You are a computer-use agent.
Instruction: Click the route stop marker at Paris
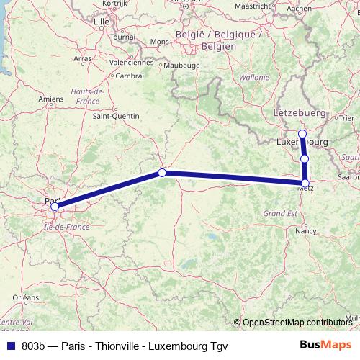pyautogui.click(x=55, y=207)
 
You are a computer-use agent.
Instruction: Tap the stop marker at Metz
pyautogui.click(x=305, y=184)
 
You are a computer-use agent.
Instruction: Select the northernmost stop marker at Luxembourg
pyautogui.click(x=302, y=134)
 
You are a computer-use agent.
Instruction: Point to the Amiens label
pyautogui.click(x=51, y=99)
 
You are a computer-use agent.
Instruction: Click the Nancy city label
pyautogui.click(x=307, y=232)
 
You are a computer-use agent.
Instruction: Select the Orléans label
pyautogui.click(x=26, y=297)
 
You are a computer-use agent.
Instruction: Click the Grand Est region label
pyautogui.click(x=279, y=214)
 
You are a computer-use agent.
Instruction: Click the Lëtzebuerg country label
pyautogui.click(x=300, y=114)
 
